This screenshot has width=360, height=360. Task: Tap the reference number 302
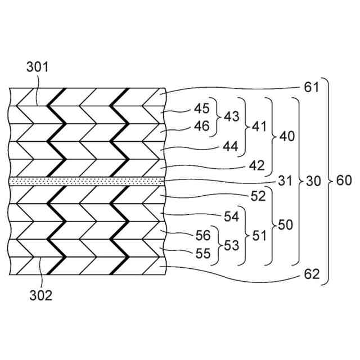40,294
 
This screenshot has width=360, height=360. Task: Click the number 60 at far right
344,181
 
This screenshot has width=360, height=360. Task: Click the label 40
286,136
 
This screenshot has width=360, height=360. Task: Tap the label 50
285,225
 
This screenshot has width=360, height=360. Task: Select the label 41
259,127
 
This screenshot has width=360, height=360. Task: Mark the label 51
259,235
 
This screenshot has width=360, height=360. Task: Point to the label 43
231,116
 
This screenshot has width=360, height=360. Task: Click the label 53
231,245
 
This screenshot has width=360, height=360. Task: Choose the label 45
201,107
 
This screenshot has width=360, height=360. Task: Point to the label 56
201,236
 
